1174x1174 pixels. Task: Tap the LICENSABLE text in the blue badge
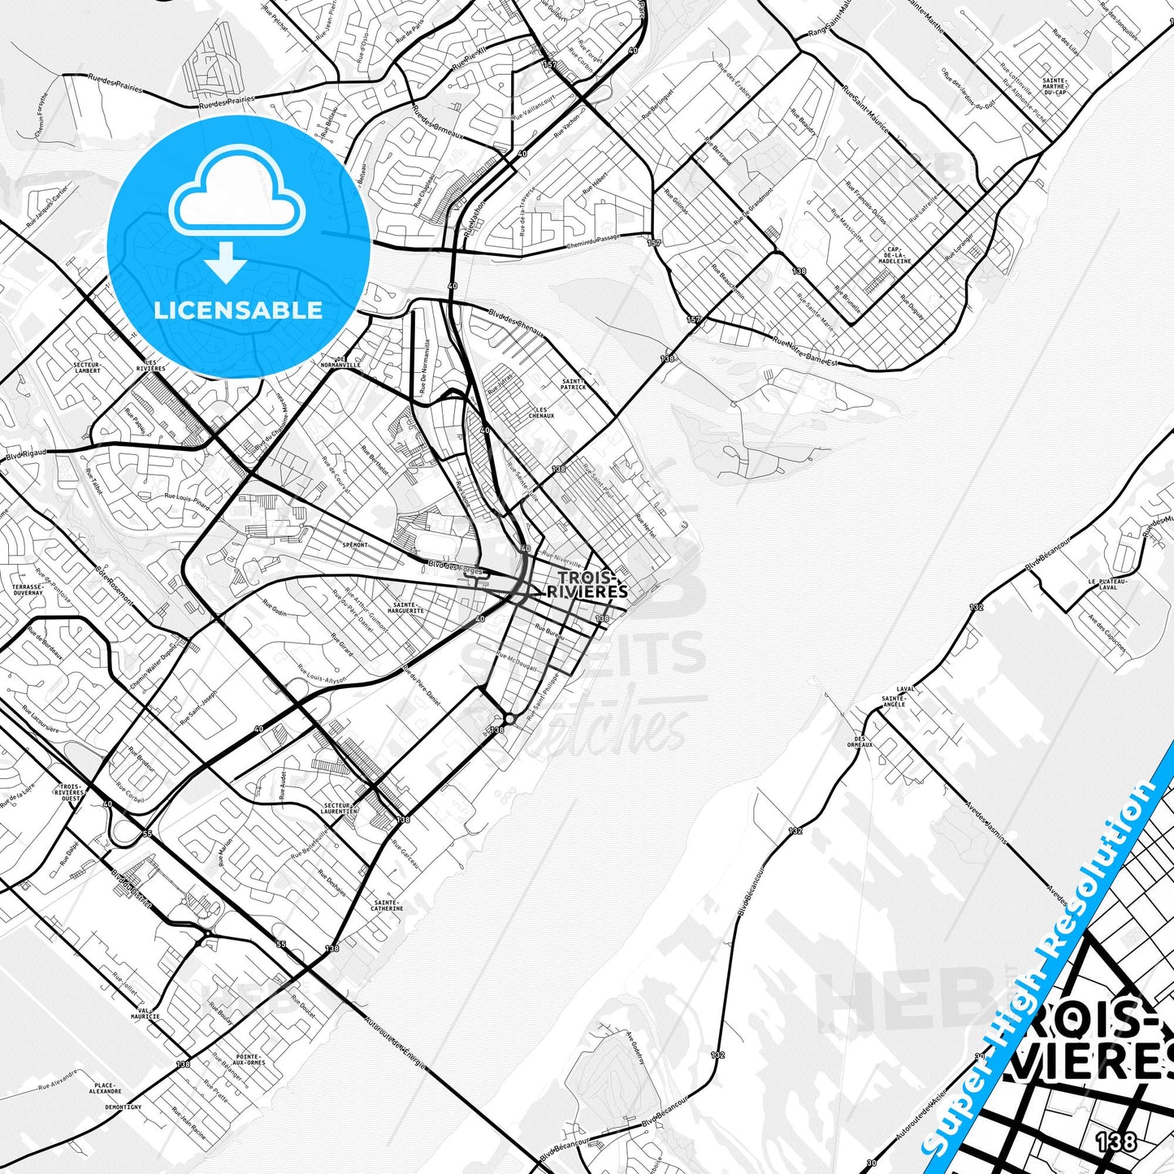[238, 310]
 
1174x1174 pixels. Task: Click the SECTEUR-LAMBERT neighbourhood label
[87, 368]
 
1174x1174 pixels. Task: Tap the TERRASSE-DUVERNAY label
[28, 589]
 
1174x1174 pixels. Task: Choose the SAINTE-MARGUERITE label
[407, 607]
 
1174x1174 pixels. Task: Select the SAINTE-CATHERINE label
[387, 905]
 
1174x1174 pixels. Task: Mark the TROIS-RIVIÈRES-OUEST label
[71, 792]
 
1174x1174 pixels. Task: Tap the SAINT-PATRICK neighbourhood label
[574, 383]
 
